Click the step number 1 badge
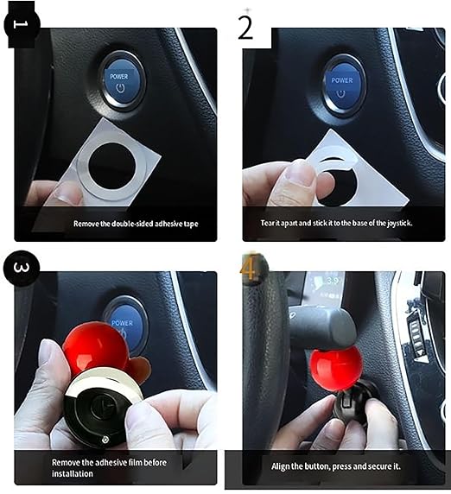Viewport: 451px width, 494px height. (22, 23)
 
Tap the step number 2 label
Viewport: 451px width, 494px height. (246, 27)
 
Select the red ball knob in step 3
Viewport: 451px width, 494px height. (91, 347)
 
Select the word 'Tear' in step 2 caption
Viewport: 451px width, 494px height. (268, 223)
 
